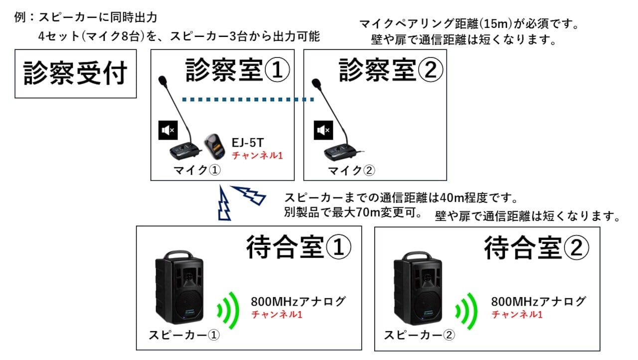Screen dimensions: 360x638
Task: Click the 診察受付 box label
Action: tap(76, 73)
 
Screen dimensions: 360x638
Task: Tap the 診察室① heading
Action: tap(237, 70)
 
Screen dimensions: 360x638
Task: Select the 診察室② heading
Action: tap(391, 70)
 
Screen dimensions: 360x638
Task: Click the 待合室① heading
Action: tap(299, 248)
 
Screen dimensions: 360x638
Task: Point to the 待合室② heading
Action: tap(537, 248)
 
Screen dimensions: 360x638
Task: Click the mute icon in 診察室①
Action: tap(167, 130)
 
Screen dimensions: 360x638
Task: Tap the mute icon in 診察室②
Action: tap(322, 130)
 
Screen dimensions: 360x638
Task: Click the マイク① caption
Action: tap(196, 171)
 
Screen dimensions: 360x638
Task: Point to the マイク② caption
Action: tap(351, 171)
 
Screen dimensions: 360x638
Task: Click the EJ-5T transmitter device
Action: tap(215, 145)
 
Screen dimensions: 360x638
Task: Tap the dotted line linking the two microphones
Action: tap(248, 100)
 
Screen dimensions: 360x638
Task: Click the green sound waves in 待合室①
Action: tap(227, 309)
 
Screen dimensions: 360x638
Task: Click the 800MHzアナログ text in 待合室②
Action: tap(538, 302)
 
